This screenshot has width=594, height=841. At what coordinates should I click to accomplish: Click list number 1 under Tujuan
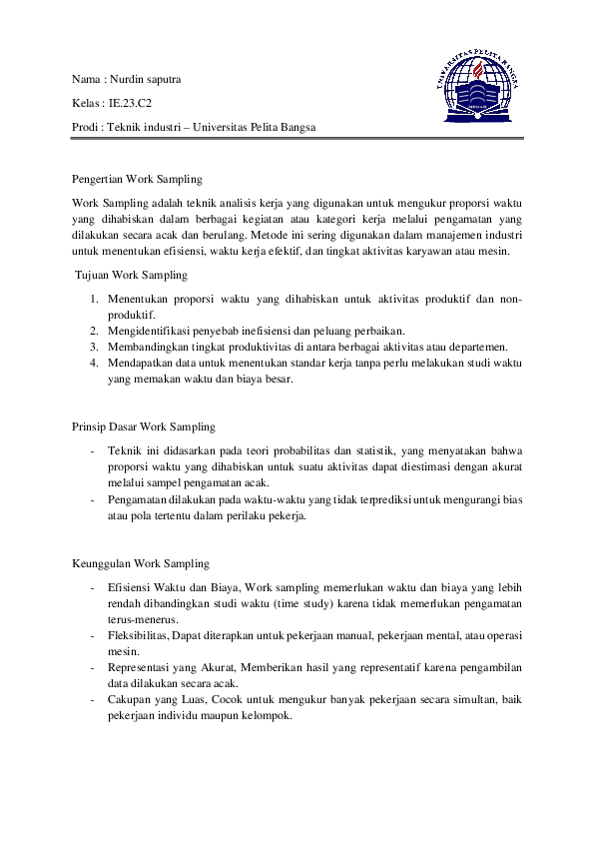click(92, 299)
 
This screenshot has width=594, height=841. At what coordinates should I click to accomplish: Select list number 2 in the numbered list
click(92, 331)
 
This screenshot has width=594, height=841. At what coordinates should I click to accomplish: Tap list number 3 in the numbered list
click(92, 347)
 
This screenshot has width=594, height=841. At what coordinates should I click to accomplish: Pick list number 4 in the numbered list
click(92, 363)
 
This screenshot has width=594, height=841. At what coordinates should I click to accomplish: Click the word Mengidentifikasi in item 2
click(151, 331)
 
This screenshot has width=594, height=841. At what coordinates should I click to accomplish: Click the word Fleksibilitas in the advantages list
click(138, 634)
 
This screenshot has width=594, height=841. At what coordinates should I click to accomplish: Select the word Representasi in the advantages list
click(140, 666)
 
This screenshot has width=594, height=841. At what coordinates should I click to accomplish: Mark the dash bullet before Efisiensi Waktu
click(92, 586)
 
